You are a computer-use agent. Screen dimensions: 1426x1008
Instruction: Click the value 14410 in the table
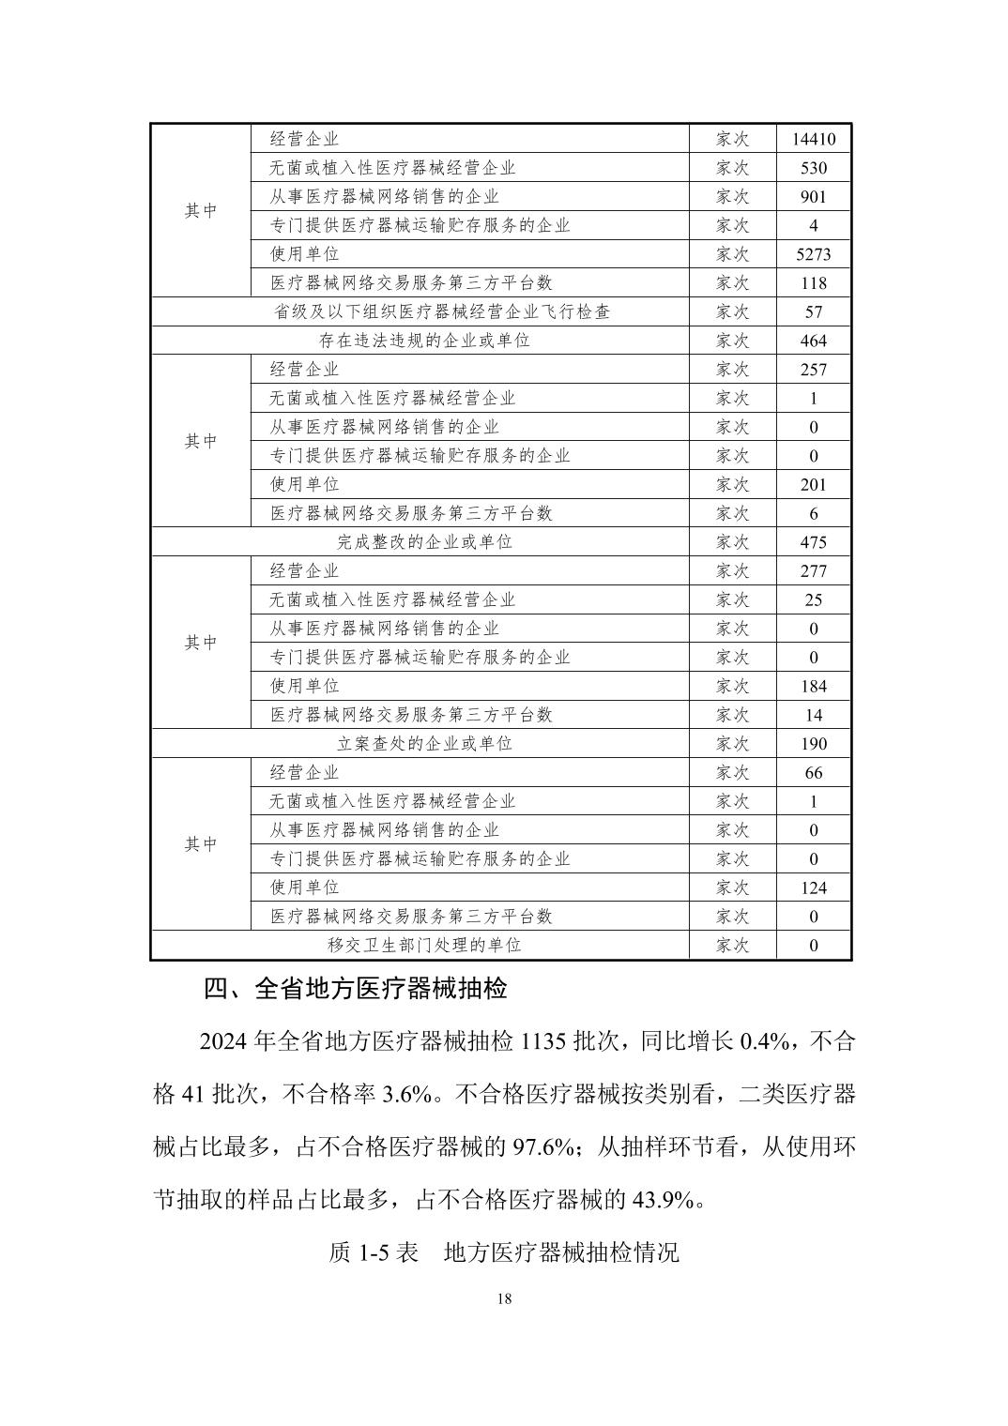pos(813,140)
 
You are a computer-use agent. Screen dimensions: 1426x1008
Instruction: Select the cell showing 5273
pos(813,254)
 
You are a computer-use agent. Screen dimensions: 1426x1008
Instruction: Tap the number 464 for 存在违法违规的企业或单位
pos(813,341)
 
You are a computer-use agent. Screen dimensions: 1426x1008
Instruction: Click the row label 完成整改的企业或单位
pos(425,542)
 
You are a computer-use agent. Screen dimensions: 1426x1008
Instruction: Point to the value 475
pos(813,542)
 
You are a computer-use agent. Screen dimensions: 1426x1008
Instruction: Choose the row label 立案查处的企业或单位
pos(425,744)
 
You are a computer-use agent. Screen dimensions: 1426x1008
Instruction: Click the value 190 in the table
pos(813,744)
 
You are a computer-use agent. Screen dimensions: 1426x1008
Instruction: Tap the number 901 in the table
pos(813,197)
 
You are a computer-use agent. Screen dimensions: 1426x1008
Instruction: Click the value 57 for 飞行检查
pos(813,311)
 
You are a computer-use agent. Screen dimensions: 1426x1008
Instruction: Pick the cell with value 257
pos(813,370)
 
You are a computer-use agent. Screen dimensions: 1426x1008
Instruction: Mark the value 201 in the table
pos(813,485)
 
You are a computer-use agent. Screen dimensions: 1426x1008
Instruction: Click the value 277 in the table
pos(813,571)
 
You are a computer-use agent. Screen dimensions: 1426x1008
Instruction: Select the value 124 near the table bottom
pos(813,887)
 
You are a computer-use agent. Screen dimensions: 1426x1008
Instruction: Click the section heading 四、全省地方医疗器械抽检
pos(355,990)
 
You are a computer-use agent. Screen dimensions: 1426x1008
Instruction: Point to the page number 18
pos(504,1299)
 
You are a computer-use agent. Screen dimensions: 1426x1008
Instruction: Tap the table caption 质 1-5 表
pos(374,1252)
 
